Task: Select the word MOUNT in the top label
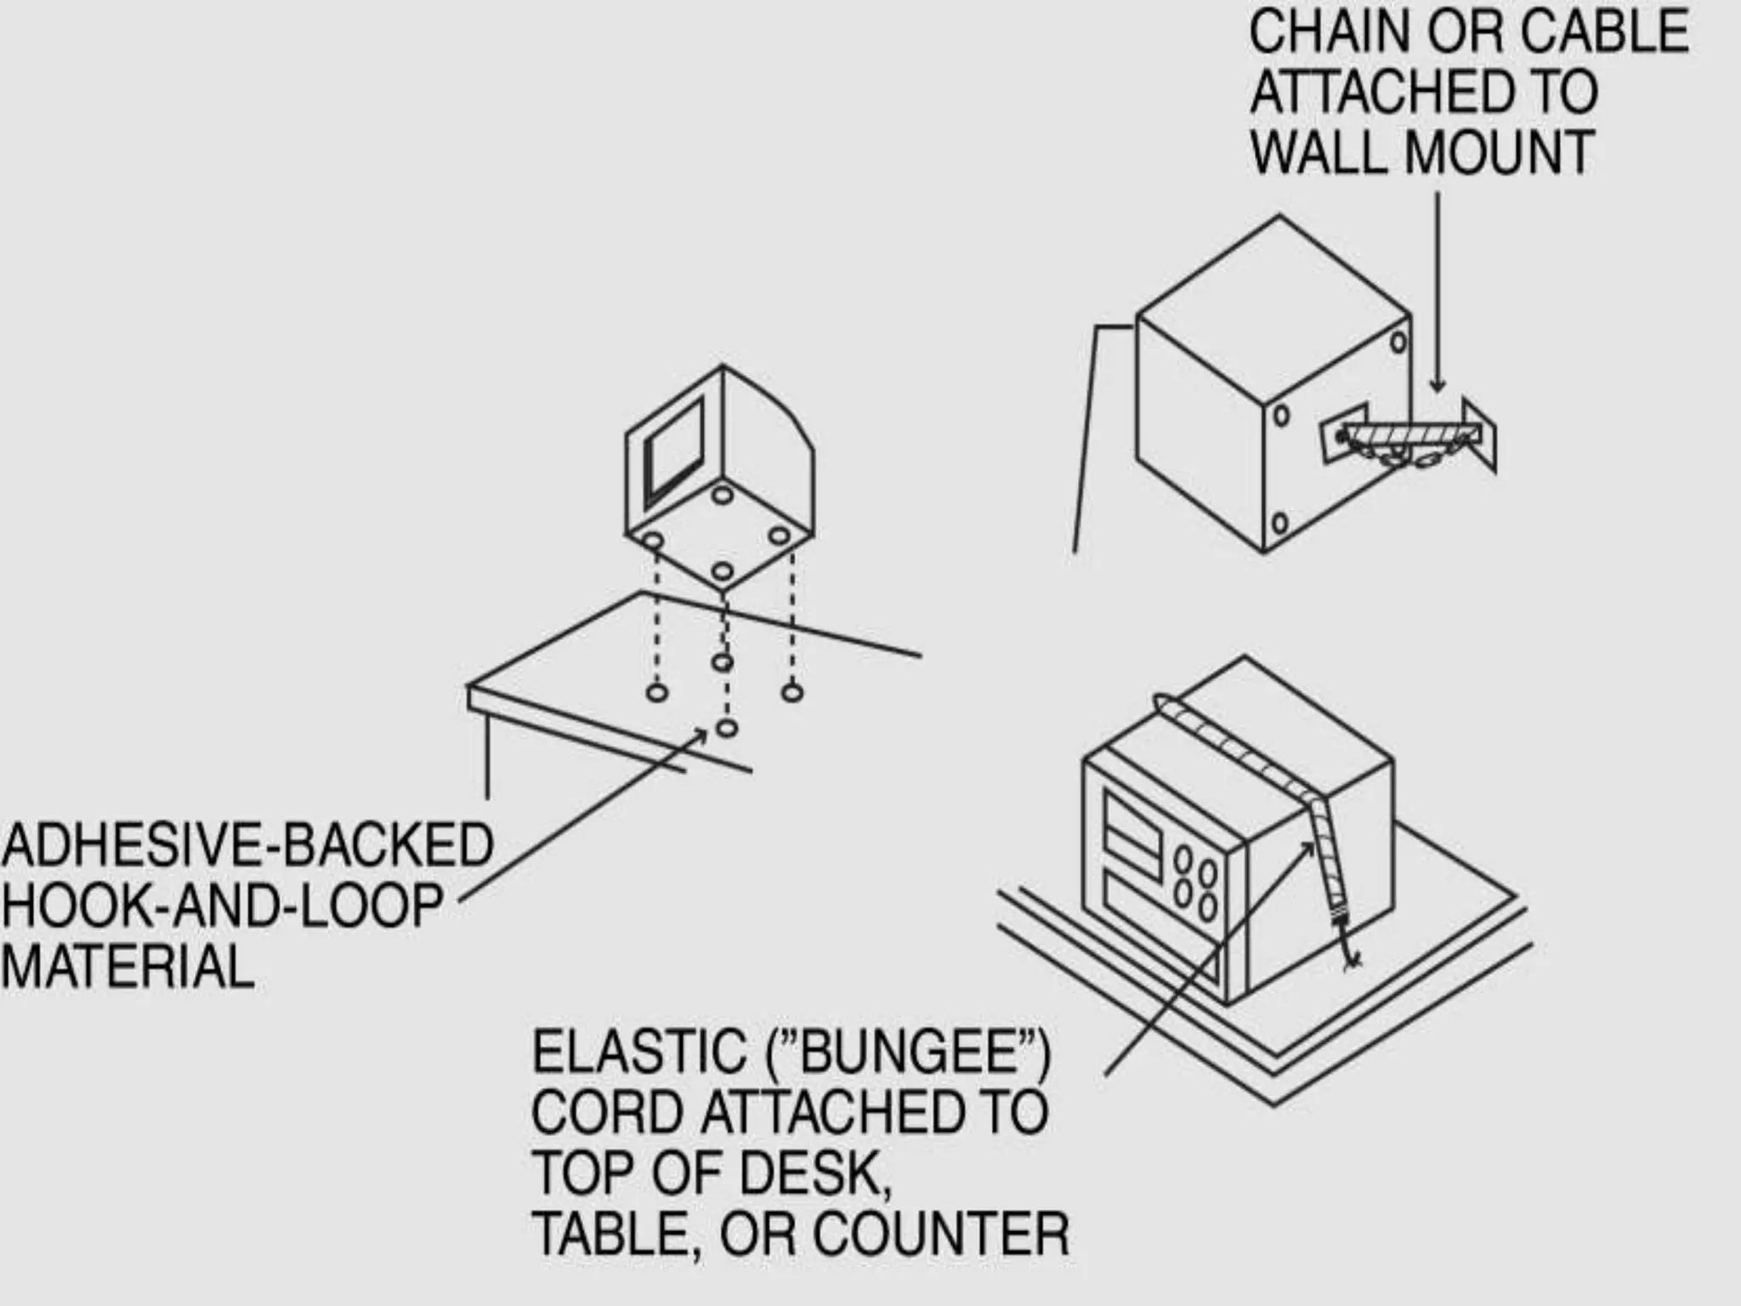tap(1498, 154)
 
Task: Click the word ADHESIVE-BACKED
tap(247, 845)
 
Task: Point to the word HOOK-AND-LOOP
tap(222, 906)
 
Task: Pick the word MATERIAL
tap(128, 968)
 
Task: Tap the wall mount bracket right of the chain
tap(1480, 434)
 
